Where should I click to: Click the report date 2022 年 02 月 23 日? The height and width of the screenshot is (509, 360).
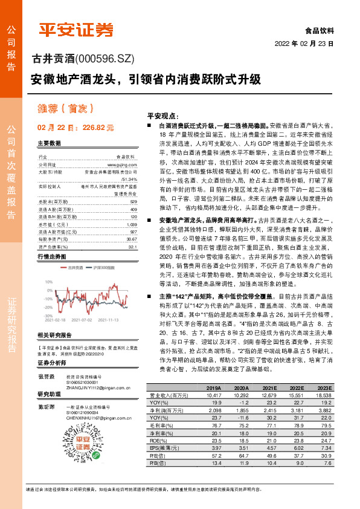tap(304, 44)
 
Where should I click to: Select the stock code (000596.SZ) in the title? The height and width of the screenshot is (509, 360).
tap(104, 59)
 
